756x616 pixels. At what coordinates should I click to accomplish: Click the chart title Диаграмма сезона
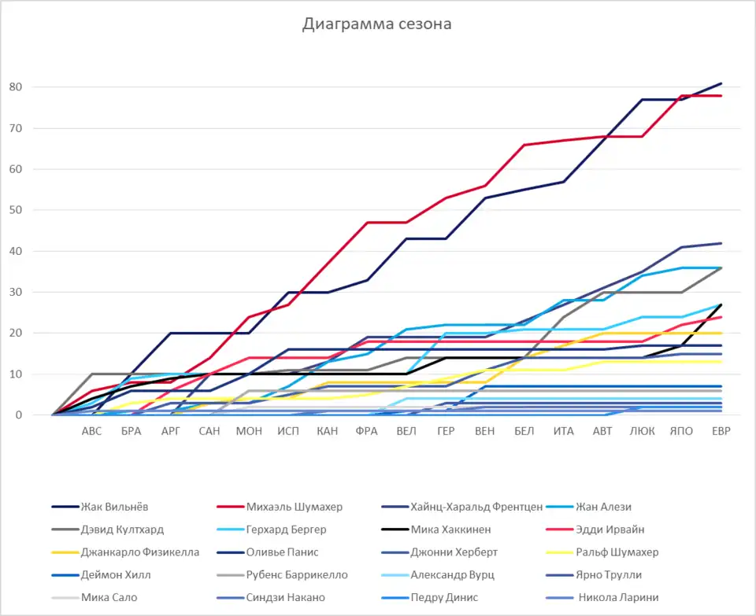pos(377,24)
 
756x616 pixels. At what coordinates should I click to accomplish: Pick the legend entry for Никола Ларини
pos(618,597)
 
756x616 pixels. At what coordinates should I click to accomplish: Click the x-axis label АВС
pos(91,431)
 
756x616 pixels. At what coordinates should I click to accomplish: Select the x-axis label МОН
pos(249,431)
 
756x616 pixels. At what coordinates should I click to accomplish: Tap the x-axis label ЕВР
pos(721,431)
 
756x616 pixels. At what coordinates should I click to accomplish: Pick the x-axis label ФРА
pos(366,431)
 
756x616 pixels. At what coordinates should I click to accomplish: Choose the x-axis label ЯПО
pos(681,431)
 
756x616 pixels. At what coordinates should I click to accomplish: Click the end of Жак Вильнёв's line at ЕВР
pos(721,83)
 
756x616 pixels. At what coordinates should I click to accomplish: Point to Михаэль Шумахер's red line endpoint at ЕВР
pos(721,96)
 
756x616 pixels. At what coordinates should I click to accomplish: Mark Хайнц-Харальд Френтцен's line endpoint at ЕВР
pos(721,243)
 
